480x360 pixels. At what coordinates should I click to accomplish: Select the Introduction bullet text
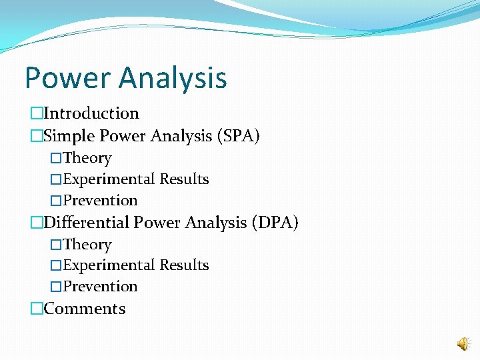91,114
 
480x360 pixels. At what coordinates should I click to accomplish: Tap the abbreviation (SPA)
238,136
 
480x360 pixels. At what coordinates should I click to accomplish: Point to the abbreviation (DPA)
275,223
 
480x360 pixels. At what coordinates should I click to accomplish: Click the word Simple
69,136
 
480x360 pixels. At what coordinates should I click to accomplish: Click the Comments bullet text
84,309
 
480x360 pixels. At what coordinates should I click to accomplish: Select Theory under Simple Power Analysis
87,159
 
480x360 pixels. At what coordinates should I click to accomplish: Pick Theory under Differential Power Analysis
87,245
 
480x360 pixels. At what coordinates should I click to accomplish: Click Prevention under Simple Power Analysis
100,201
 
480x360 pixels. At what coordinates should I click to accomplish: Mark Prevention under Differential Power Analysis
100,287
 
